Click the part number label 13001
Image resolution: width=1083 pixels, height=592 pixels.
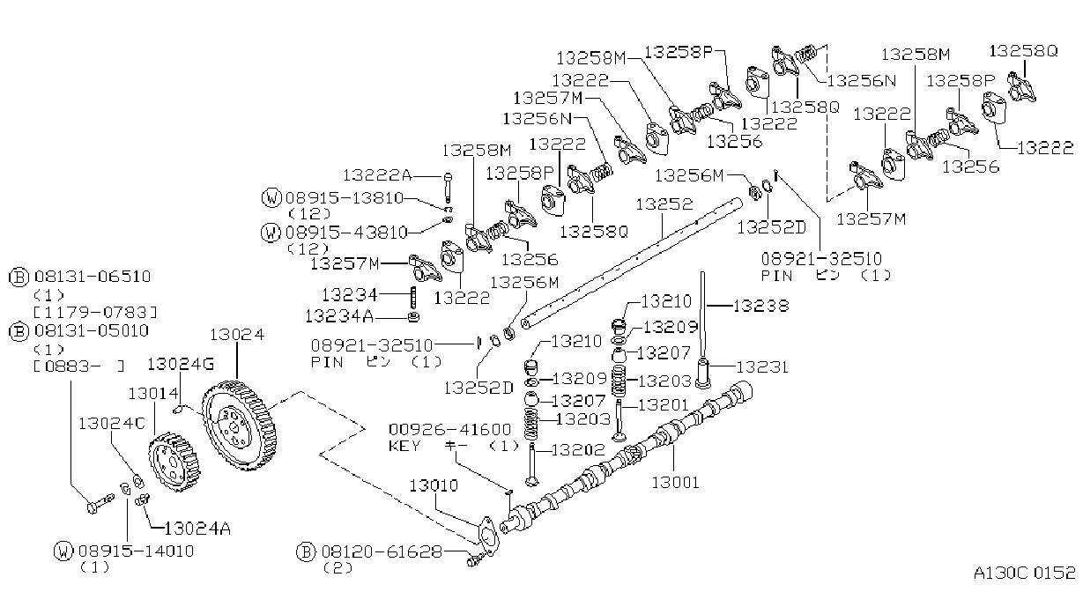coord(675,482)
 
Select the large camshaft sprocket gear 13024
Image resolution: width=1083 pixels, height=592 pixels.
coord(239,425)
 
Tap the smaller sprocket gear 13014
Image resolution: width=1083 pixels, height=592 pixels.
coord(174,462)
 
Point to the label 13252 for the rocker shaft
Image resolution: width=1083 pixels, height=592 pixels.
coord(664,203)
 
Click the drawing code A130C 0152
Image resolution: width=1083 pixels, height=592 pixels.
coord(1024,573)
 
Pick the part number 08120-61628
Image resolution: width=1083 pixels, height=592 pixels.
coord(382,551)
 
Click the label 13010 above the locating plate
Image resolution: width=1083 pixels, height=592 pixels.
coord(434,485)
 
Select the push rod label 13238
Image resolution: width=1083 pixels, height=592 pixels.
coord(761,306)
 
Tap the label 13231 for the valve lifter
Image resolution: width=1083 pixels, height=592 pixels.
coord(762,367)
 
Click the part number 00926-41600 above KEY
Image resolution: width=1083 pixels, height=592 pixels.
coord(449,429)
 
